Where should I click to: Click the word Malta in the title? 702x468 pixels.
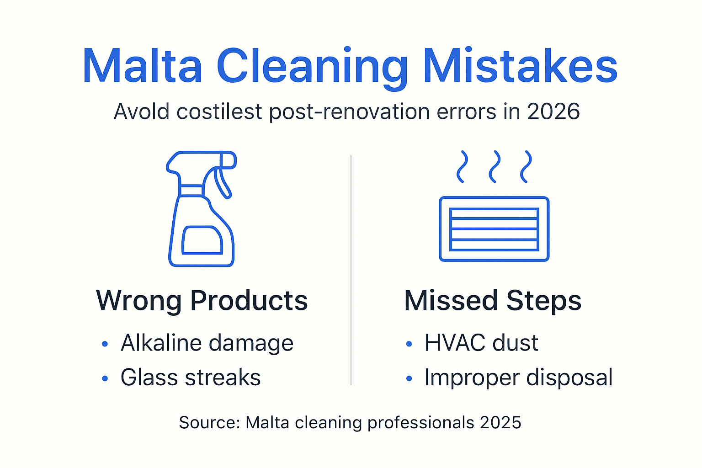(142, 67)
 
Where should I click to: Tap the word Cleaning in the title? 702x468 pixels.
(312, 67)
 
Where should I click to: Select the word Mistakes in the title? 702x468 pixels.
(520, 67)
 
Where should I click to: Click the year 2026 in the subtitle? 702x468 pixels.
(553, 112)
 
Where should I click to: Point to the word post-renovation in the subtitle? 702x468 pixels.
(349, 112)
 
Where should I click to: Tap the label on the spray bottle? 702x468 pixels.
(202, 240)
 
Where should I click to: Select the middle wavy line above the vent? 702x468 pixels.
(494, 166)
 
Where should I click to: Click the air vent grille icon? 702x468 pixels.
(494, 229)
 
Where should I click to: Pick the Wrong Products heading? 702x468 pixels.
(202, 301)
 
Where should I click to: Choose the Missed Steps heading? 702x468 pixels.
(493, 301)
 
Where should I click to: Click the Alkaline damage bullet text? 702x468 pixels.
(207, 343)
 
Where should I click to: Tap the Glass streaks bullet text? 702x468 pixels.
(190, 378)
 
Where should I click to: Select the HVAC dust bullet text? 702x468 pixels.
(481, 343)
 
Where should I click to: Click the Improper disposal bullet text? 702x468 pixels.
(518, 378)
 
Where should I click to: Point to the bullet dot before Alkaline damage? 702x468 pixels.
(105, 344)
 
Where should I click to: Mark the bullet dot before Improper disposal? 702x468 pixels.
(409, 378)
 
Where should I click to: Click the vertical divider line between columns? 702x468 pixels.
(351, 270)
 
